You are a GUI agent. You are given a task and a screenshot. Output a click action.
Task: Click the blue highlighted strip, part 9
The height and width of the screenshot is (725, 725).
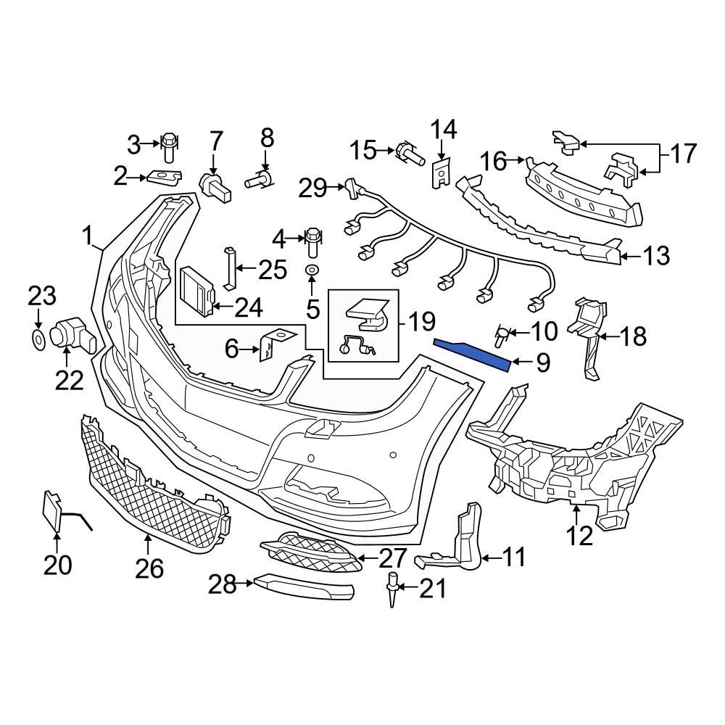[471, 352]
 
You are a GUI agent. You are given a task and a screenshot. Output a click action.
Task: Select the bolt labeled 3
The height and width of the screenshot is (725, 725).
[168, 146]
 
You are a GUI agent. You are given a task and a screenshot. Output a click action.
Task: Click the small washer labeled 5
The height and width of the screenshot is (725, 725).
[312, 270]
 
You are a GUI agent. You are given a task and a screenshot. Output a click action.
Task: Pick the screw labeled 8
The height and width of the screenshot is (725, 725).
[260, 179]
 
